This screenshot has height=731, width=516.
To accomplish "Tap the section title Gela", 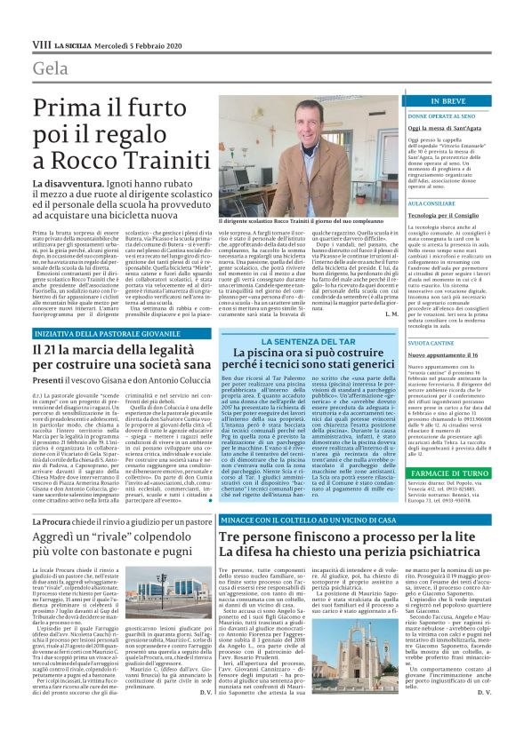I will pos(49,69).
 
